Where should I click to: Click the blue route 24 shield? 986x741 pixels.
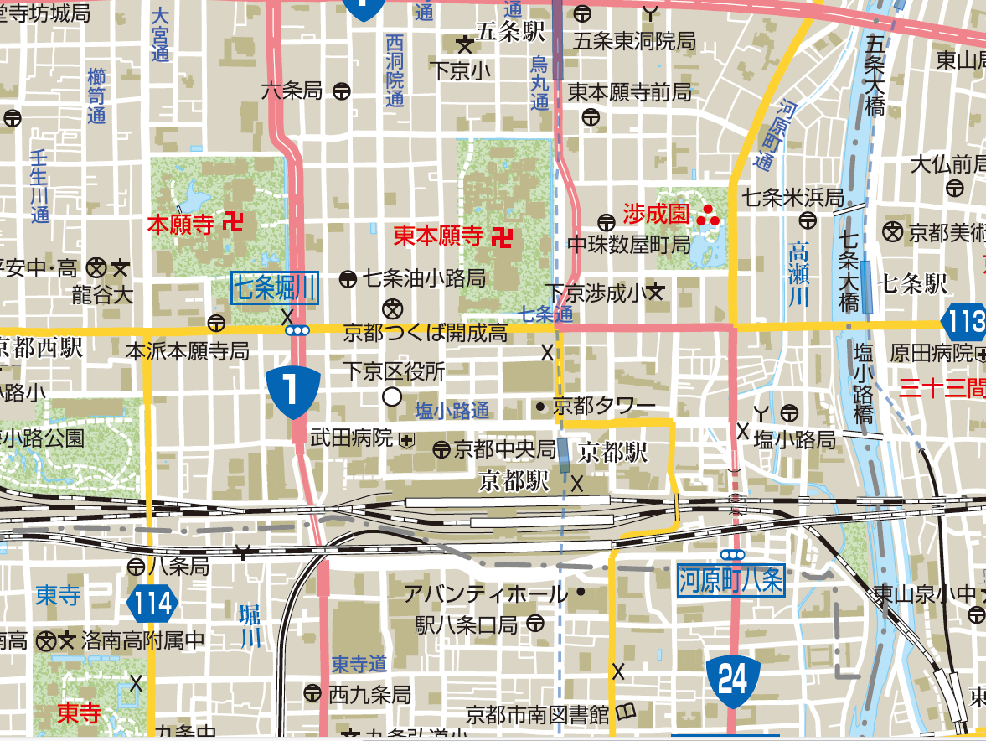(733, 677)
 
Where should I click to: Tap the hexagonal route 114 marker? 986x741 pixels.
(154, 603)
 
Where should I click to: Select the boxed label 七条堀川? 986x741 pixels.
(276, 288)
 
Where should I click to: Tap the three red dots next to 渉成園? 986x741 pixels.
(708, 215)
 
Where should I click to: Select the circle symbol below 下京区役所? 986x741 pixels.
(391, 396)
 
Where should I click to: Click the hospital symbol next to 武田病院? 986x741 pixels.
(407, 438)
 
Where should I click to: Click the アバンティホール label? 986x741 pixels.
(485, 595)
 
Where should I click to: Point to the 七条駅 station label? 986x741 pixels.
(913, 283)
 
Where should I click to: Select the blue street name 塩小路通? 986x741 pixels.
(452, 411)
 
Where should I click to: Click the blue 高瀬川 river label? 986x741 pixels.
(801, 273)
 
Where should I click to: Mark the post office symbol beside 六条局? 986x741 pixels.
(341, 91)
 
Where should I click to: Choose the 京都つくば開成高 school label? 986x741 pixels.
(426, 334)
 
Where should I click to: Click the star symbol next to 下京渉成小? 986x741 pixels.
(656, 293)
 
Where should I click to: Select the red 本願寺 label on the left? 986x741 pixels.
(181, 224)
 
